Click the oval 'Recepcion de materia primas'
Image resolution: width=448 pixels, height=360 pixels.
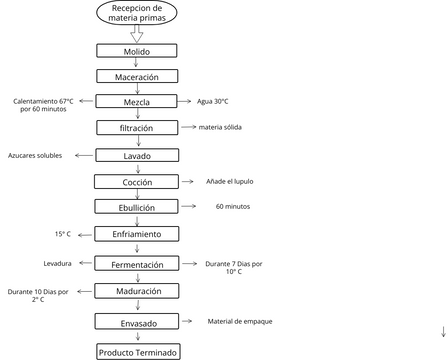pyautogui.click(x=138, y=13)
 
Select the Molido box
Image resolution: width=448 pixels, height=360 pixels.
pyautogui.click(x=138, y=50)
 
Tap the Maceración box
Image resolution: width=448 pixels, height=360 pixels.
pyautogui.click(x=138, y=76)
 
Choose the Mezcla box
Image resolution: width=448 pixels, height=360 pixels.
pyautogui.click(x=138, y=101)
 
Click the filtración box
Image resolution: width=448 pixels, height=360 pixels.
pyautogui.click(x=138, y=128)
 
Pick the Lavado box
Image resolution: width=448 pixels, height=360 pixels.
pyautogui.click(x=138, y=155)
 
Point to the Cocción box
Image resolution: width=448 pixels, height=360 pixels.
pyautogui.click(x=138, y=181)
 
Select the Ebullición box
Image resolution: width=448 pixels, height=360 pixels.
pyautogui.click(x=138, y=207)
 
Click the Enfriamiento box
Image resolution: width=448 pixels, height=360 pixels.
pyautogui.click(x=138, y=233)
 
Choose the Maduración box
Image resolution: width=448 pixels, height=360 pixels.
pyautogui.click(x=138, y=291)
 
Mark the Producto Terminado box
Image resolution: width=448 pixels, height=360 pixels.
pyautogui.click(x=138, y=352)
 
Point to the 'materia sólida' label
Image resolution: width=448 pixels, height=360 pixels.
pyautogui.click(x=220, y=127)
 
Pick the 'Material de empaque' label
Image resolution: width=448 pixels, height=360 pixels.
pyautogui.click(x=239, y=321)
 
